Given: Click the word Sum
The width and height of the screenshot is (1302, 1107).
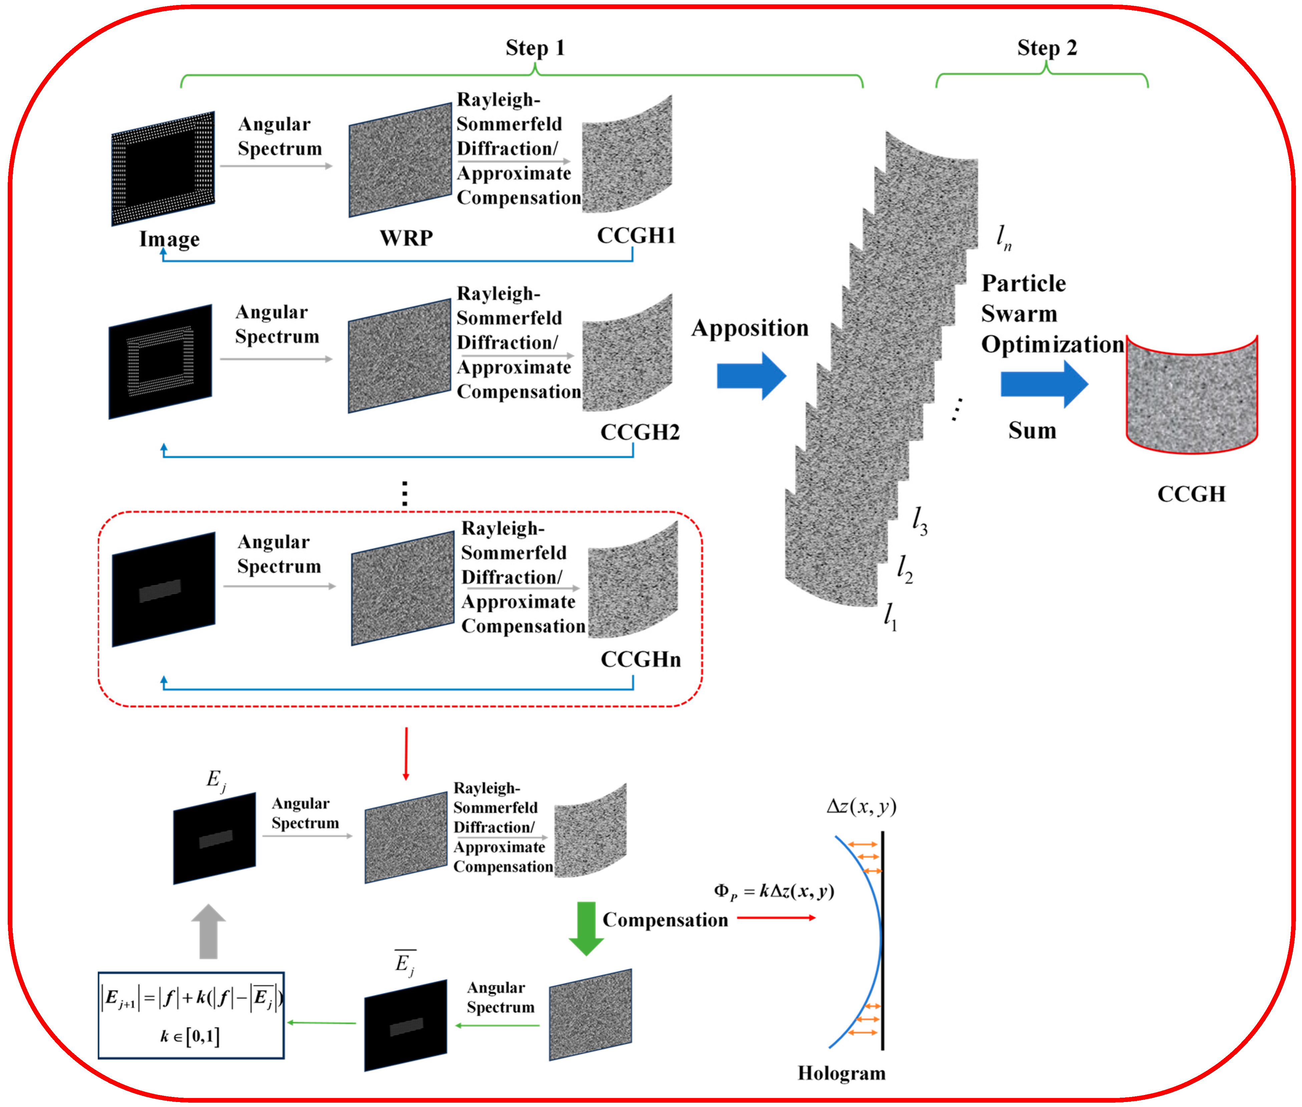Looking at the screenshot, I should [1032, 431].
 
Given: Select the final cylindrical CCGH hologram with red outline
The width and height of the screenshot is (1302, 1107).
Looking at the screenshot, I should [1191, 395].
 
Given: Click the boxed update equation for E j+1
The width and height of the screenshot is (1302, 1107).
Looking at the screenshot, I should [192, 1015].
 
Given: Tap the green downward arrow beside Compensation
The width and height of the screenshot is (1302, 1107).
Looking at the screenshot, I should [585, 927].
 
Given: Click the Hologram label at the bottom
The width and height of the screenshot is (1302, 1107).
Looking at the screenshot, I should [841, 1073].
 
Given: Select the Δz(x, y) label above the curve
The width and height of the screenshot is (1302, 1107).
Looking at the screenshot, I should [861, 806].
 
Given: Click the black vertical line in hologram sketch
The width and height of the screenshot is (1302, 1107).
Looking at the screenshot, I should [882, 941].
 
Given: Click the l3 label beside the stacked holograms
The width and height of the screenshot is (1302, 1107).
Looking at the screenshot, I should [919, 521].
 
